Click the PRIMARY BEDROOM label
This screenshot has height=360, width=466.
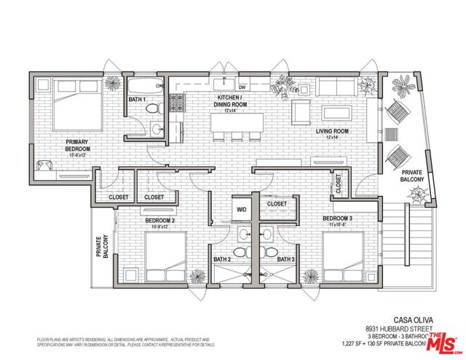(x=77, y=146)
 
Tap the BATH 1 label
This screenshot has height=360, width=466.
(x=137, y=99)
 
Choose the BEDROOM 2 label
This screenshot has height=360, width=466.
(x=160, y=220)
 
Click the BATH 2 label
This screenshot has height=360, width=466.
(x=222, y=259)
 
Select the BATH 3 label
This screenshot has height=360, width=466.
(x=286, y=259)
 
